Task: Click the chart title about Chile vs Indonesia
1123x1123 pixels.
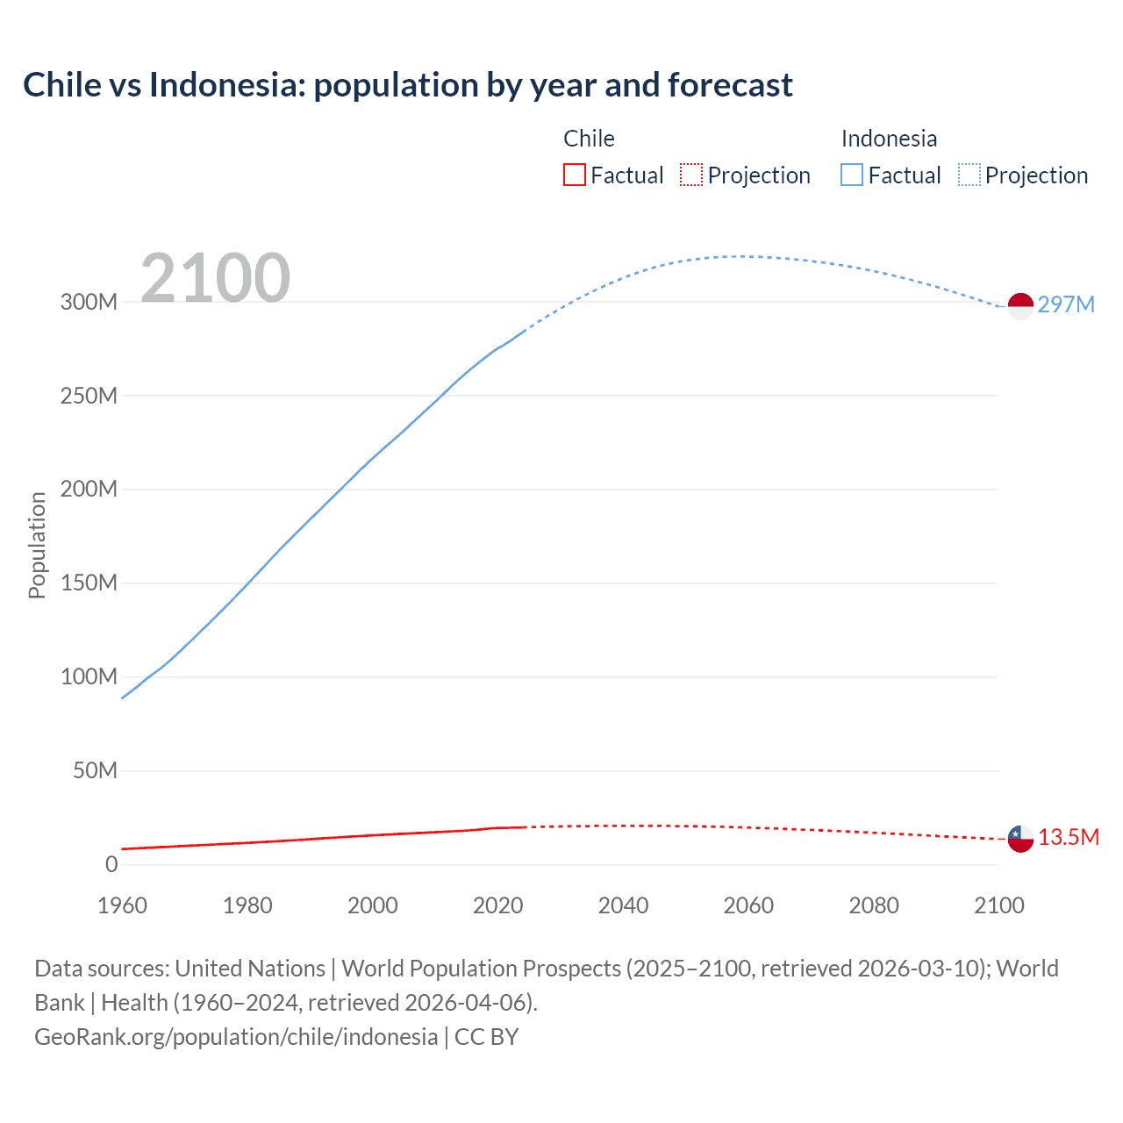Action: tap(408, 85)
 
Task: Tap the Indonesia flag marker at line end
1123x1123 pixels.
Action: tap(1020, 306)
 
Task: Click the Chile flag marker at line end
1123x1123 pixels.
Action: tap(1020, 839)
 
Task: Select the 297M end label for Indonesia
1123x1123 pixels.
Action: tap(1066, 304)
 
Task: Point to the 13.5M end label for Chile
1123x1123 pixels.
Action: tap(1069, 838)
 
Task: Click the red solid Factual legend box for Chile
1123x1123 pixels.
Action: tap(575, 175)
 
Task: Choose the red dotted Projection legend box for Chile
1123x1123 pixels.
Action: tap(691, 175)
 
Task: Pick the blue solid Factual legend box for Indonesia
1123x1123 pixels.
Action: tap(852, 175)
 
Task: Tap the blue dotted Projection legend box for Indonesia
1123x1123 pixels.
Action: tap(969, 175)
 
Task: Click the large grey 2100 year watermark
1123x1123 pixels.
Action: tap(215, 278)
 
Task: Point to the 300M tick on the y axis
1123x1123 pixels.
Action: tap(89, 302)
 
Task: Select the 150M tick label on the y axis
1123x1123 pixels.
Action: tap(89, 583)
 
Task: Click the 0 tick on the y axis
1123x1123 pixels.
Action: tap(111, 864)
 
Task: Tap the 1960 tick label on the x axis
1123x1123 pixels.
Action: tap(122, 905)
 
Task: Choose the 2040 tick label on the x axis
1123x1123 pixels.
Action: tap(623, 905)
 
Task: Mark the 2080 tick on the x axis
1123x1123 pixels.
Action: tap(874, 905)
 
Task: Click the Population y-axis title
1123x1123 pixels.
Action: tap(37, 545)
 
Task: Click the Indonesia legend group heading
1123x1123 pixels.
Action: tap(889, 139)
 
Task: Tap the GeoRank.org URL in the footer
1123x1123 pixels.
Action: tap(236, 1037)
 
